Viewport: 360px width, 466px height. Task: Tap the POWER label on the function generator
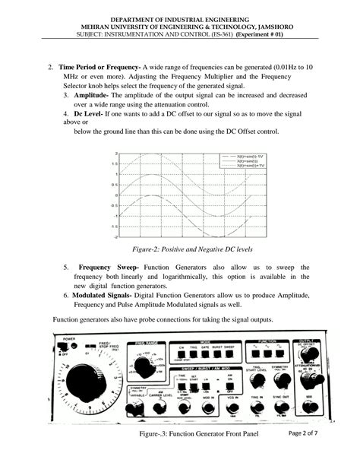[x=69, y=338]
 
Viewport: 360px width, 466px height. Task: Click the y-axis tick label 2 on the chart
[x=115, y=154]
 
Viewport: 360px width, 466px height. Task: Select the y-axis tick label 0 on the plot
[x=115, y=195]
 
